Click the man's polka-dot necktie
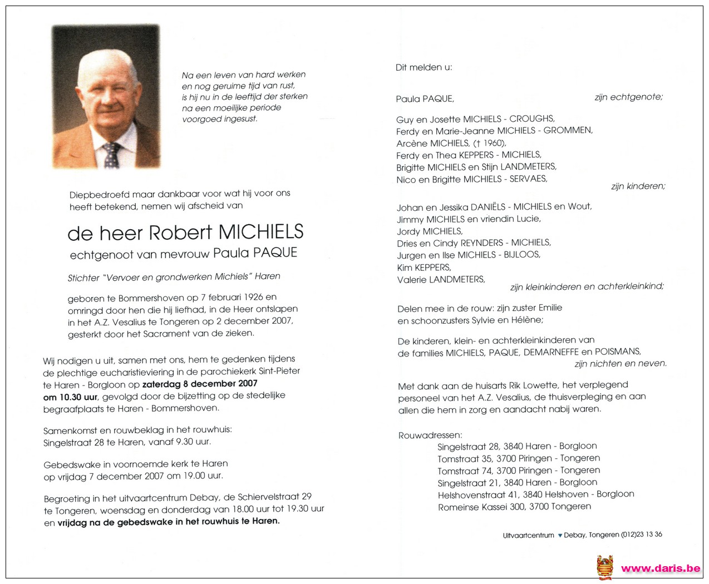point(111,155)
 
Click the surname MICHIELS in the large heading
point(261,232)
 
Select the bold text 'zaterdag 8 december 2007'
point(200,383)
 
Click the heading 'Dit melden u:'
point(424,67)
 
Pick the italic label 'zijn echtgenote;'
point(628,97)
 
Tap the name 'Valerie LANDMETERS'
point(441,279)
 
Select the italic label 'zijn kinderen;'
point(638,186)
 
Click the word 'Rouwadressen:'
point(430,435)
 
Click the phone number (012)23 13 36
point(642,534)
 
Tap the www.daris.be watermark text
point(660,568)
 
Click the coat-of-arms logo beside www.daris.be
point(605,567)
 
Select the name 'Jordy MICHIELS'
point(429,231)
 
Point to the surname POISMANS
point(618,352)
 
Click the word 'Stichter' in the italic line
point(83,277)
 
